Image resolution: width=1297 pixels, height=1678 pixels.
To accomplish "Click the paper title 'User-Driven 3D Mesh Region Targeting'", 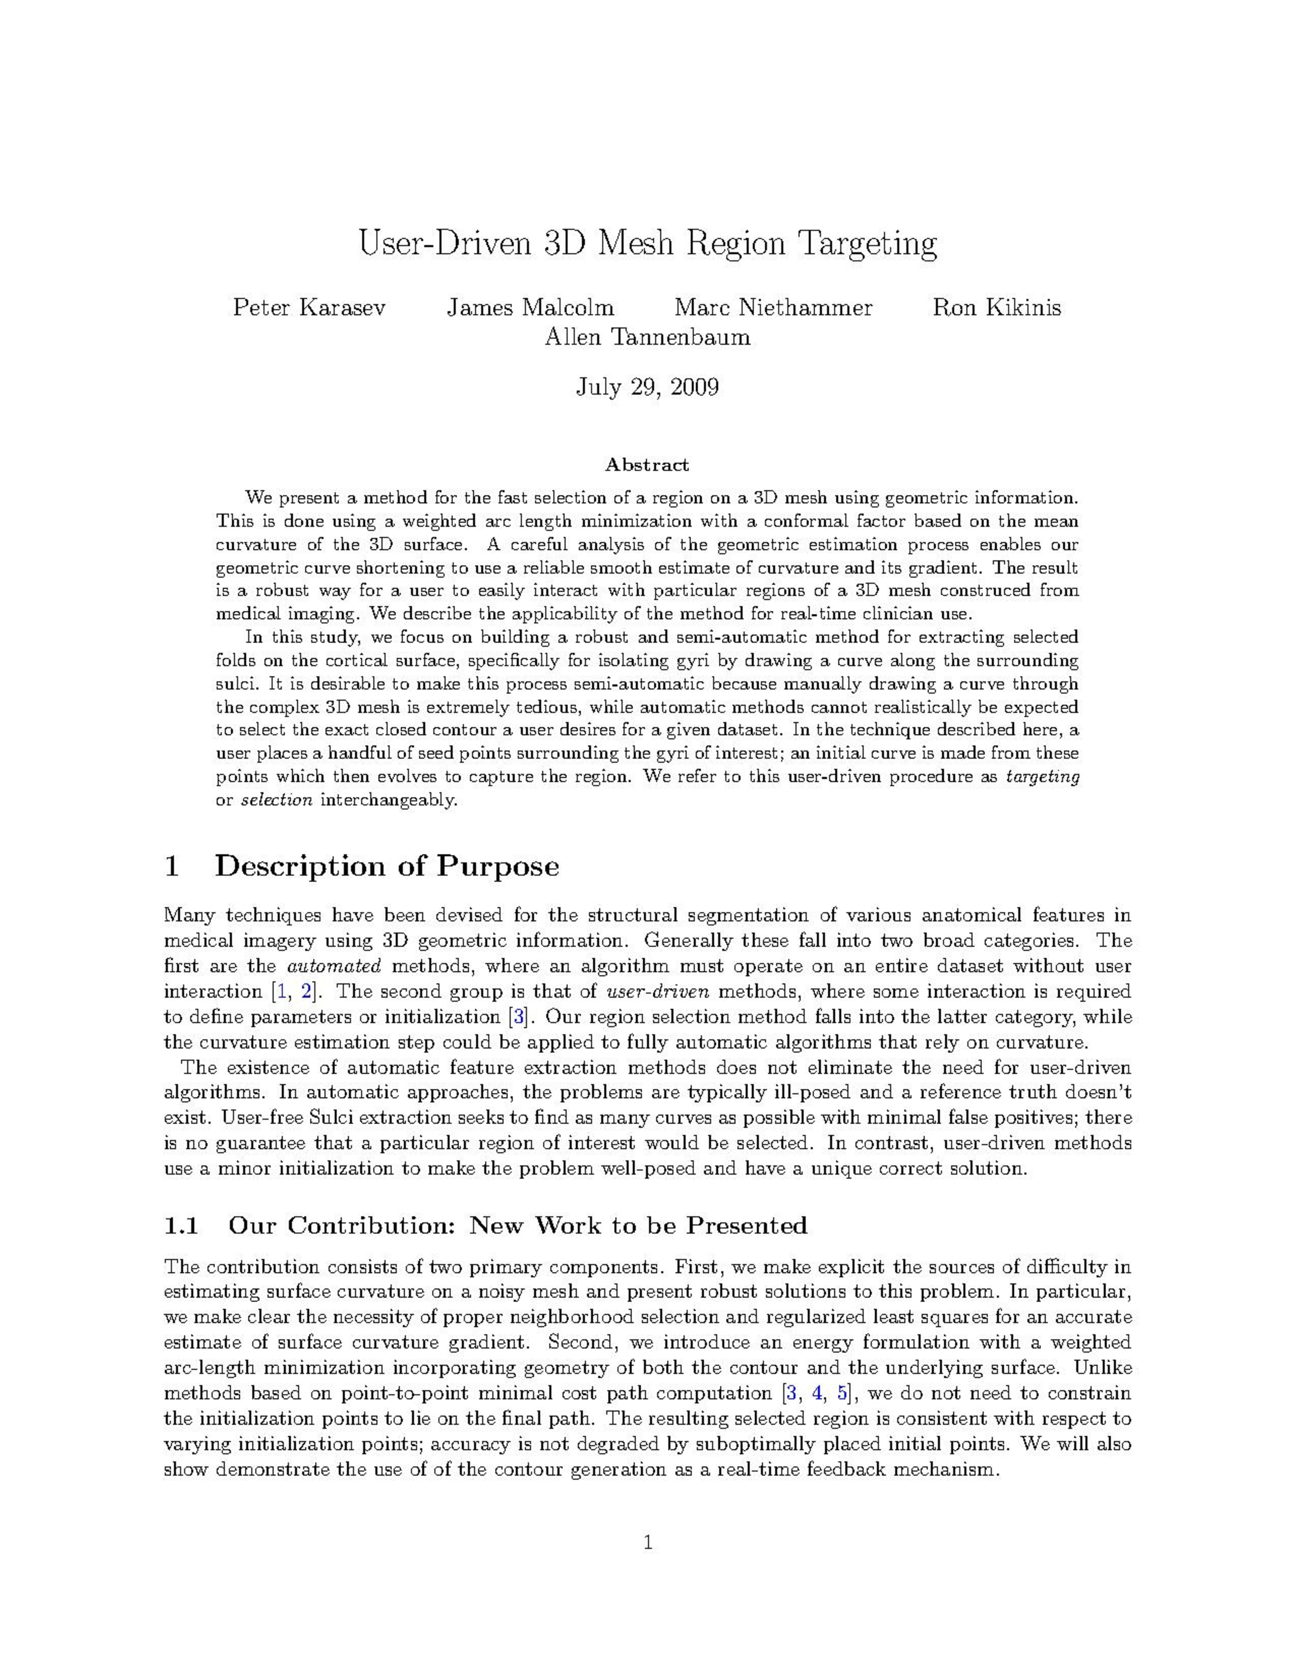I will point(647,244).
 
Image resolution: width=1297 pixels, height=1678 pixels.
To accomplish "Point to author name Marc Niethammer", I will point(773,308).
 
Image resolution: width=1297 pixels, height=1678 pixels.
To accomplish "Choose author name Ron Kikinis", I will point(996,308).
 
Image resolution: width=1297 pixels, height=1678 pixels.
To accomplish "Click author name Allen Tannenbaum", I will point(647,337).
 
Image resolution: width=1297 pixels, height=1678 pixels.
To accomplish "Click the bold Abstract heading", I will point(647,465).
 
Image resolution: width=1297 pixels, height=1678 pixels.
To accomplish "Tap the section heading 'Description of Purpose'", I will point(387,866).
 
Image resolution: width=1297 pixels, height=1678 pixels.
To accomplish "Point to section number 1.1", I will point(182,1225).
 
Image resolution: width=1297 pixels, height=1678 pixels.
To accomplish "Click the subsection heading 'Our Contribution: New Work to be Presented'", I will point(517,1225).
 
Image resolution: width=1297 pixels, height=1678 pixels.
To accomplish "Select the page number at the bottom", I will point(647,1542).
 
